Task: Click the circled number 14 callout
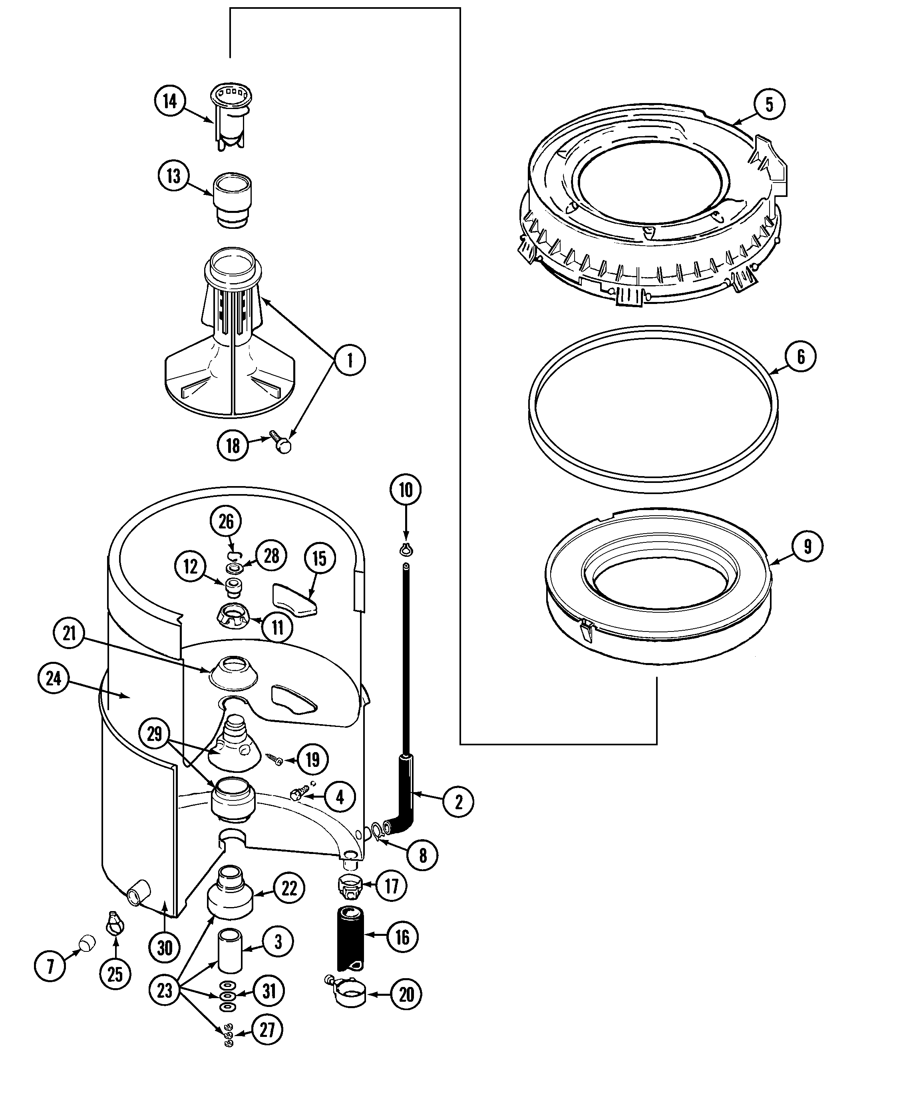[170, 101]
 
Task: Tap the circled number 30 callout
[164, 948]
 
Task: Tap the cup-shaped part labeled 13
[232, 199]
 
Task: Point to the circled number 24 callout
[53, 678]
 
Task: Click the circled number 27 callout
[267, 1029]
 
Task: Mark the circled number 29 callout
[154, 733]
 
